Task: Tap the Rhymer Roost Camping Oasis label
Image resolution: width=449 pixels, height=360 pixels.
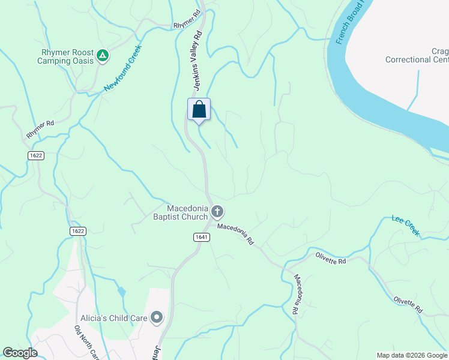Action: tap(65, 56)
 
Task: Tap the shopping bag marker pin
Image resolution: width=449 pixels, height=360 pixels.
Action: tap(199, 110)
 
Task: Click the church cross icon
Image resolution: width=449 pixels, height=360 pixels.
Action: tap(217, 212)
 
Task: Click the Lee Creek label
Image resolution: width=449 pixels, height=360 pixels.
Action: tap(406, 226)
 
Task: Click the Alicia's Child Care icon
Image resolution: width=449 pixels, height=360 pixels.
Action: tap(157, 317)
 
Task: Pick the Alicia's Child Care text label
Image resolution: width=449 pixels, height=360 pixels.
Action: tap(114, 317)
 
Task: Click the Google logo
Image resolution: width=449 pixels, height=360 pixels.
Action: tap(20, 353)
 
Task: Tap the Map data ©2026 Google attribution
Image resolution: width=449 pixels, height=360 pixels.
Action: tap(411, 355)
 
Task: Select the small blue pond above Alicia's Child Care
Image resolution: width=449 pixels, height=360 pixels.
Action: tap(122, 292)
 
